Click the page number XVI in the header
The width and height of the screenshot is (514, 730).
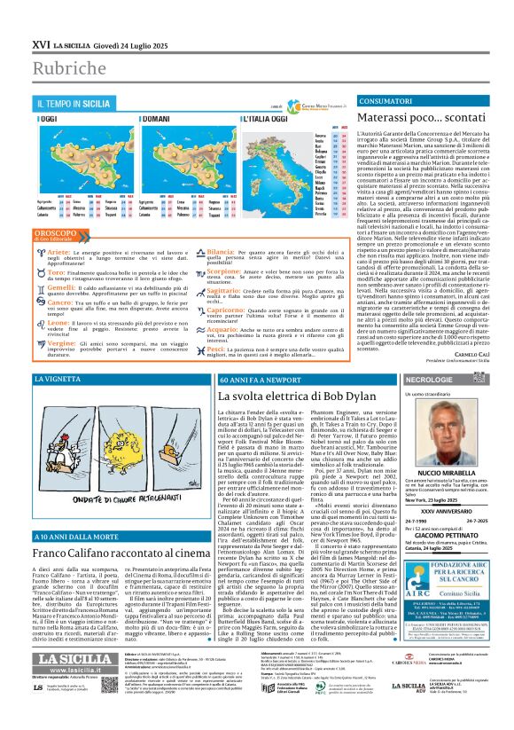click(40, 42)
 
